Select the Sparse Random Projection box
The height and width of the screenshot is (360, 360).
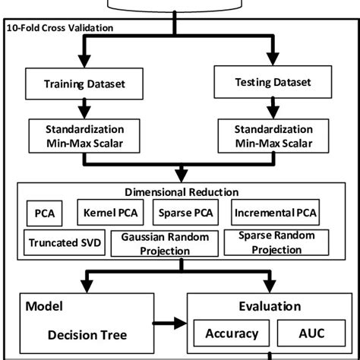(276, 243)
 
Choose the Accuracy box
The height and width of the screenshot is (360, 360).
(231, 333)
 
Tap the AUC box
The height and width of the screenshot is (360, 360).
(307, 333)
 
